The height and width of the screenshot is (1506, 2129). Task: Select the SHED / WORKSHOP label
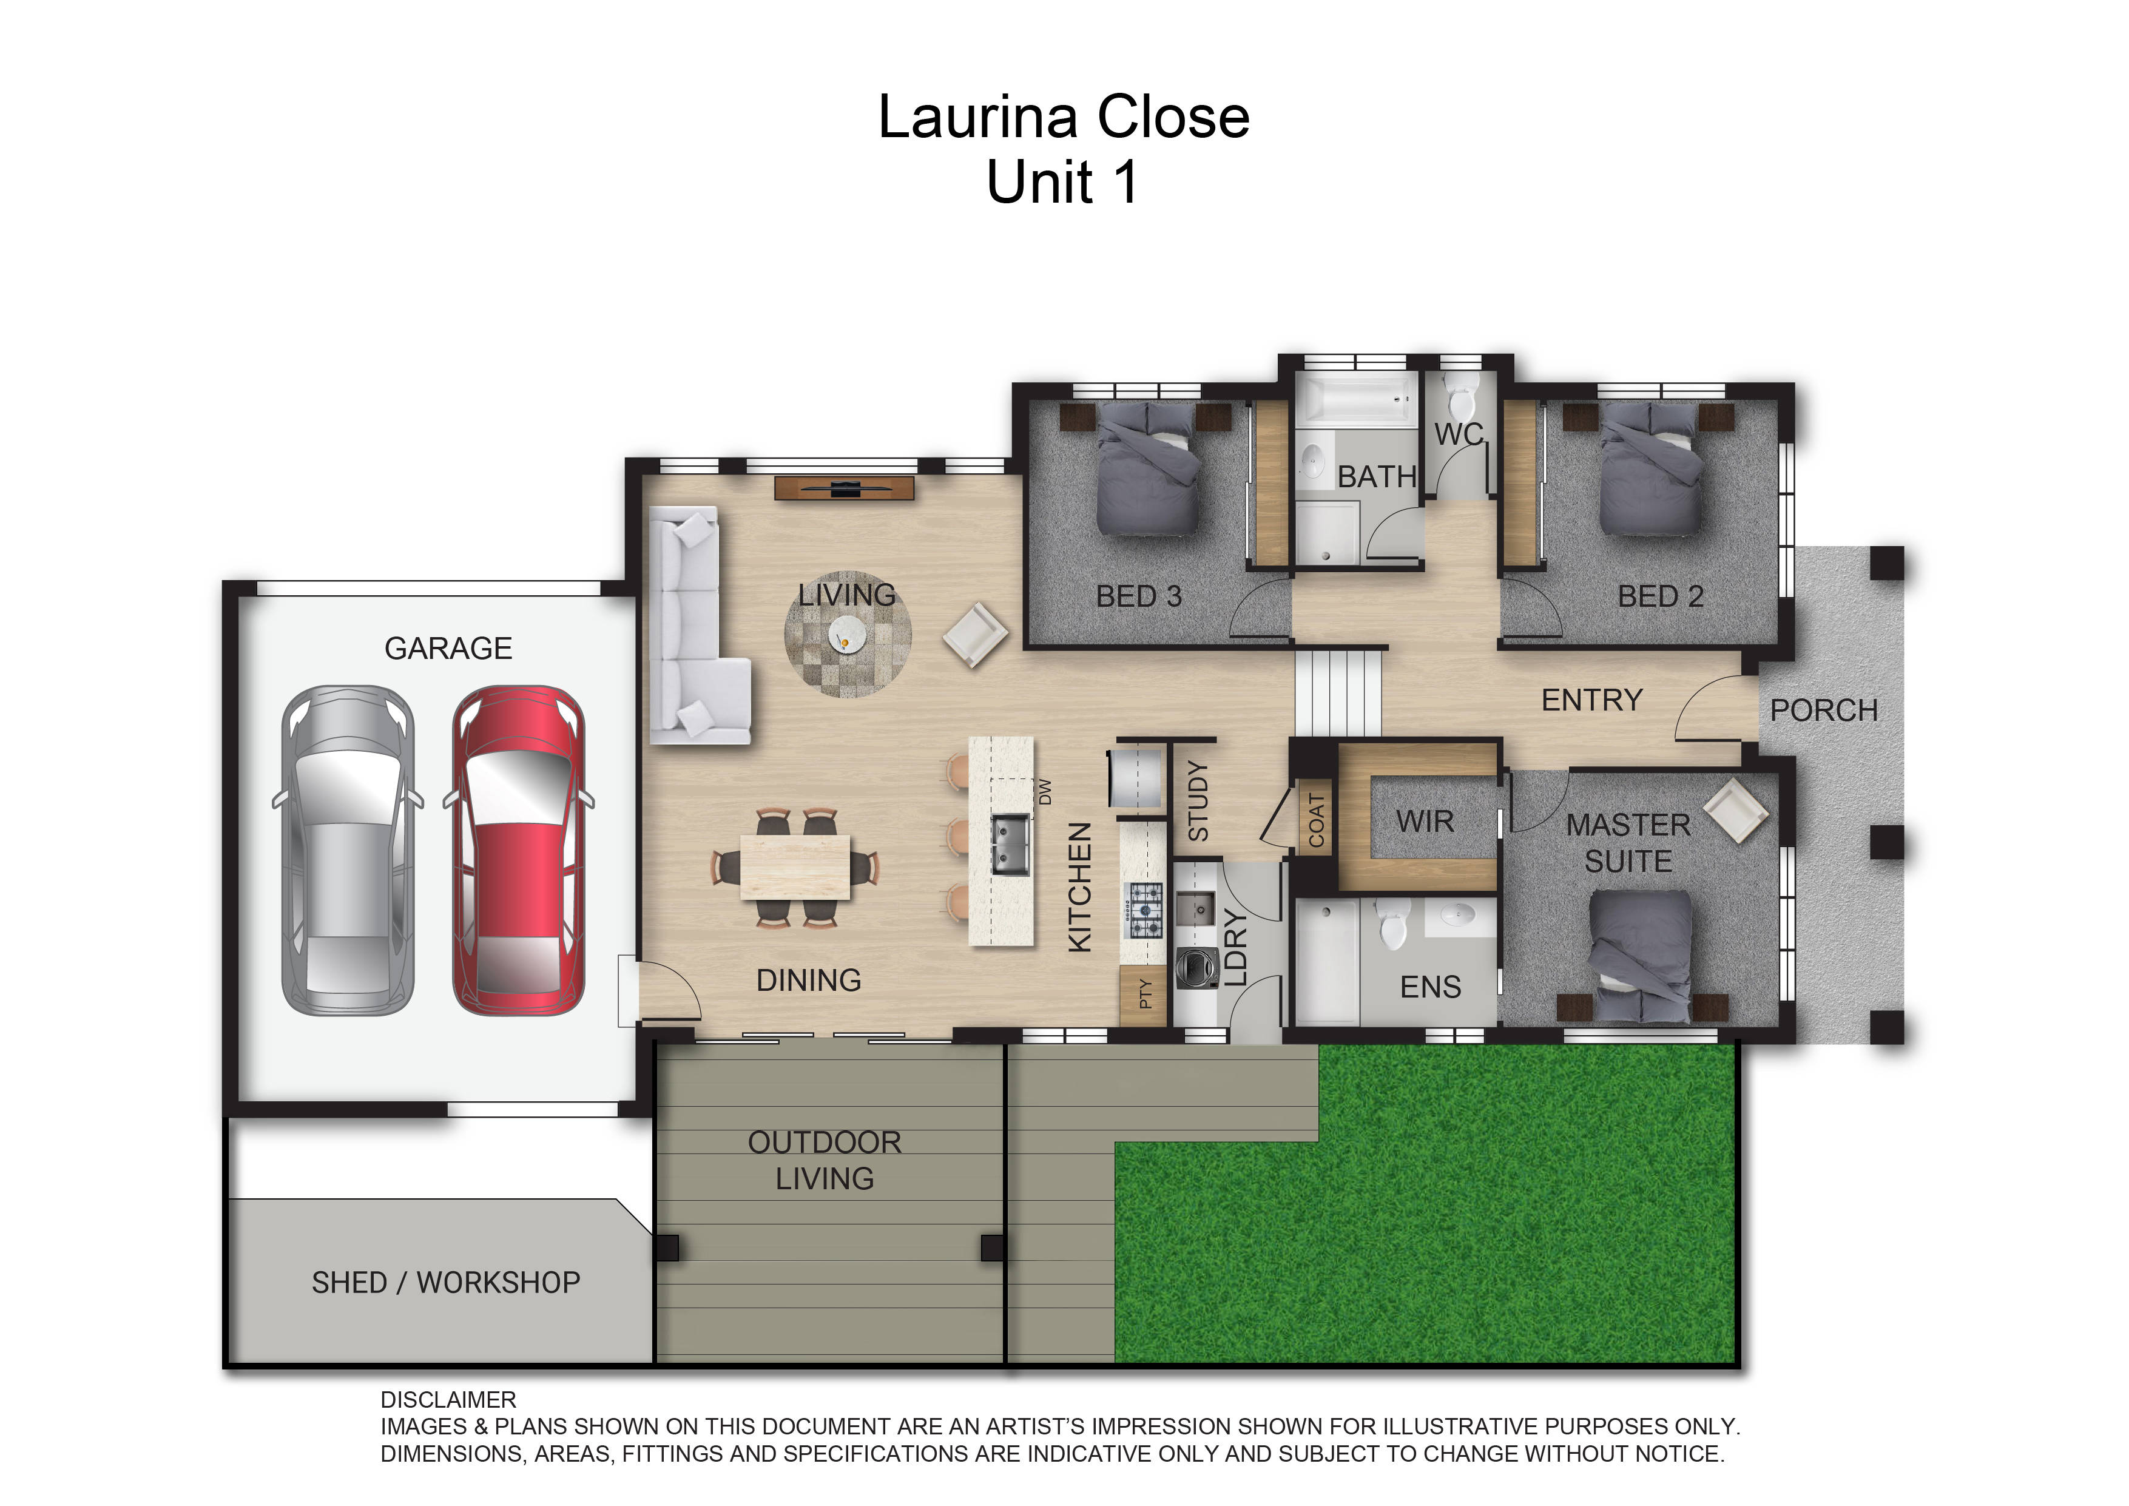pyautogui.click(x=445, y=1283)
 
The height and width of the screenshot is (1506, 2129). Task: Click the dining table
pyautogui.click(x=795, y=867)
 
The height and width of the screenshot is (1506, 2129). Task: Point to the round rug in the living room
pyautogui.click(x=848, y=634)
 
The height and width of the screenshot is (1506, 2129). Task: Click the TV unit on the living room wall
pyautogui.click(x=844, y=488)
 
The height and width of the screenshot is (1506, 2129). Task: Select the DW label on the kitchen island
pyautogui.click(x=1045, y=791)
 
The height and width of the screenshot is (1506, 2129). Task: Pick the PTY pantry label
pyautogui.click(x=1145, y=993)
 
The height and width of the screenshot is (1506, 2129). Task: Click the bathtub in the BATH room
pyautogui.click(x=1355, y=400)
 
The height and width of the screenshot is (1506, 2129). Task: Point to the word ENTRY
pyautogui.click(x=1591, y=700)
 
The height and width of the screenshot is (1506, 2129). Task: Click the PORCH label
pyautogui.click(x=1823, y=711)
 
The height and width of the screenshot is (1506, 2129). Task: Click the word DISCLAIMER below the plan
pyautogui.click(x=448, y=1399)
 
